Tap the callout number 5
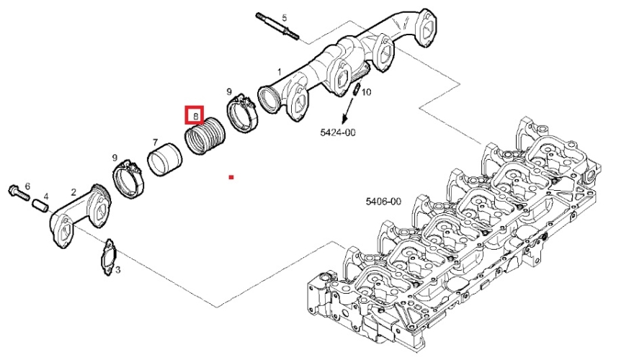pos(284,17)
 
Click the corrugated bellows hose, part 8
pos(205,137)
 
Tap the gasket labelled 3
pos(109,257)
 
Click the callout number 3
pos(117,271)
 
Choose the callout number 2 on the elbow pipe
pos(73,192)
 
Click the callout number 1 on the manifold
pos(280,71)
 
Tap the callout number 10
pos(367,92)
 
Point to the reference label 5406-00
pos(383,202)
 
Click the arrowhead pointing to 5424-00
pos(345,118)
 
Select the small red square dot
pos(231,176)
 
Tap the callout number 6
pos(27,186)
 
